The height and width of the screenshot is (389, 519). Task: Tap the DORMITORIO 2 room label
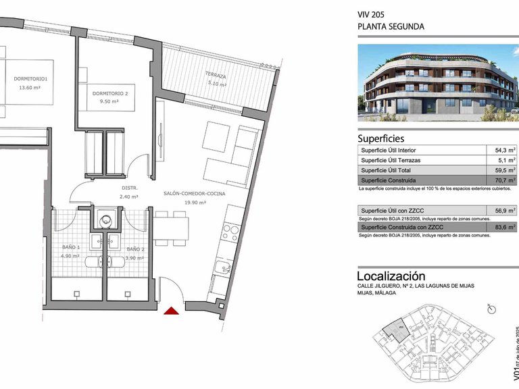point(109,93)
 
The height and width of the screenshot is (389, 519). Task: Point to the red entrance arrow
point(172,311)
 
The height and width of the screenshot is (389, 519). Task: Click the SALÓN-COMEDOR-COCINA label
point(195,194)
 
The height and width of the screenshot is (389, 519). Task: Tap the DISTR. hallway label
point(130,188)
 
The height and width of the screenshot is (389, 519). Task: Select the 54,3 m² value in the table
point(505,151)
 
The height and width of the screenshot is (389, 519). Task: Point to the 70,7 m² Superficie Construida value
point(505,181)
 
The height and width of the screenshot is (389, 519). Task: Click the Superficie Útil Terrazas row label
point(391,161)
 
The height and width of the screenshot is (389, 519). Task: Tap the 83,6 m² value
point(505,228)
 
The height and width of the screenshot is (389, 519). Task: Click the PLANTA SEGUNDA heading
point(391,27)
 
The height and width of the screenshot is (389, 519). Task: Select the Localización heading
point(391,276)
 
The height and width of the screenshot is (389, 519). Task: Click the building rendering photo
point(438,82)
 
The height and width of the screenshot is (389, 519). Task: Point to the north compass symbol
point(492,309)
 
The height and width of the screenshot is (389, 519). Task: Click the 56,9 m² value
point(505,211)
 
